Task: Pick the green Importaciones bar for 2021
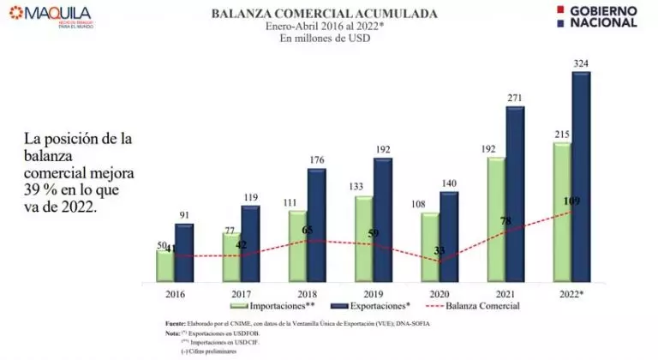point(496,219)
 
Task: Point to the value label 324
point(582,63)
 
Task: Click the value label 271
point(516,98)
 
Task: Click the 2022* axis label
point(571,293)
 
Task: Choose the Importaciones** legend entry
point(274,305)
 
